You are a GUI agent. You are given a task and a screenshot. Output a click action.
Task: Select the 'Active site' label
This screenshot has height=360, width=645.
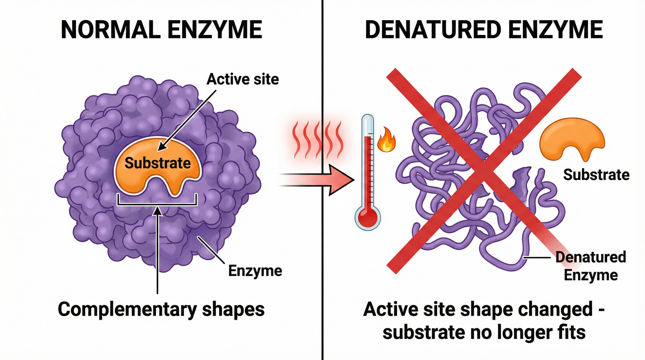tap(242, 79)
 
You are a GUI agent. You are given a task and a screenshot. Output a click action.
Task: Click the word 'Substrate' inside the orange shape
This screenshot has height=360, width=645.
tap(158, 163)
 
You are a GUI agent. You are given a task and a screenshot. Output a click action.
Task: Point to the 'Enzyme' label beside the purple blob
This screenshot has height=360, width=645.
tap(255, 271)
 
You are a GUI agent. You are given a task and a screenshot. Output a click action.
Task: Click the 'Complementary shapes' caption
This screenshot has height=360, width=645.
tap(161, 310)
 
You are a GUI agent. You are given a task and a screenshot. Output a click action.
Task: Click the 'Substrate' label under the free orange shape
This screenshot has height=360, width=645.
tap(596, 175)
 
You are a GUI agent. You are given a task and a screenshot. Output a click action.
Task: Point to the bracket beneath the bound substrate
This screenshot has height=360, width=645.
tap(157, 204)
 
